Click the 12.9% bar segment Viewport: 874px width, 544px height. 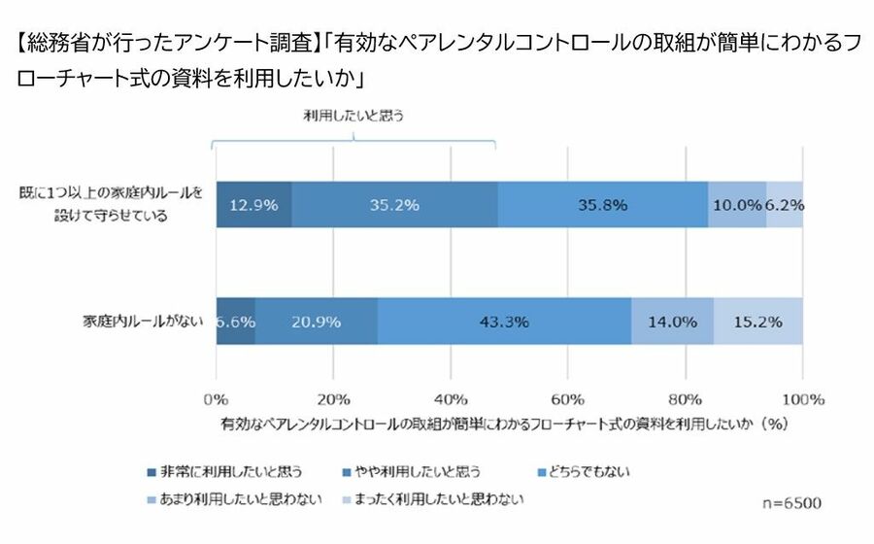click(x=253, y=205)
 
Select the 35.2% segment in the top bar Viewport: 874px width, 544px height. click(x=394, y=205)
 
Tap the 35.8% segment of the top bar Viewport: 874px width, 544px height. click(x=602, y=205)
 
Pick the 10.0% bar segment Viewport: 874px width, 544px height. click(x=736, y=205)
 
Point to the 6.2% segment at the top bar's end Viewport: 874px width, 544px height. click(x=785, y=205)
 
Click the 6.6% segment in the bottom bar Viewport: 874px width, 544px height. click(x=235, y=321)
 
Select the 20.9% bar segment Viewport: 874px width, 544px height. click(x=316, y=321)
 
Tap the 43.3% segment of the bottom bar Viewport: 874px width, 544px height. click(x=504, y=321)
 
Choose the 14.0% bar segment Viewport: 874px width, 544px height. click(x=672, y=321)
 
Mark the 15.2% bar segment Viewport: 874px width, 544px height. click(x=758, y=321)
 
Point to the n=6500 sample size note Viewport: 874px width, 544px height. click(x=790, y=503)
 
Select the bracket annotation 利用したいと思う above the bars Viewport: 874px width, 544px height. click(x=353, y=115)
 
